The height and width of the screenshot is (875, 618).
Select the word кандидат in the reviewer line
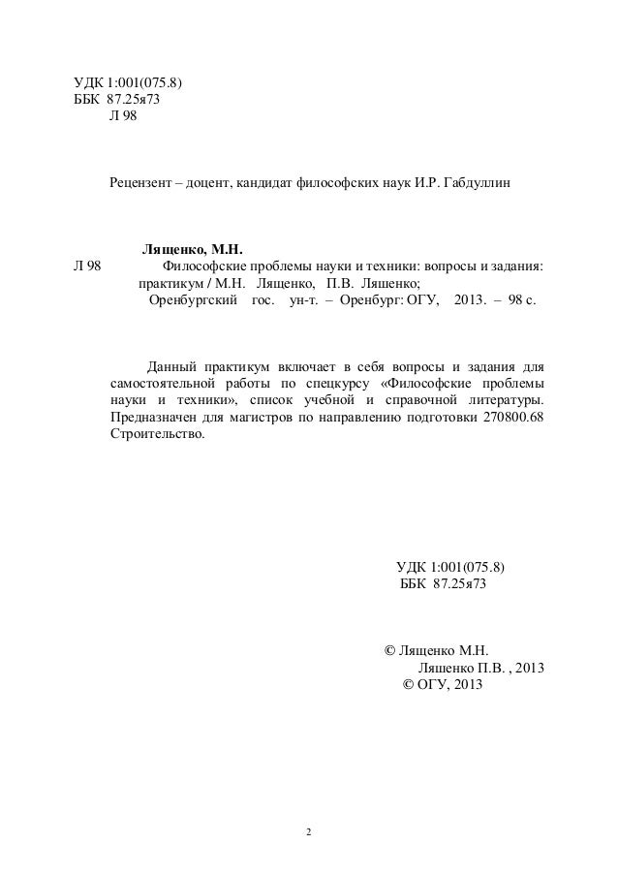[262, 183]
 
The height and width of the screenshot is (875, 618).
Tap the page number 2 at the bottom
[308, 831]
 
